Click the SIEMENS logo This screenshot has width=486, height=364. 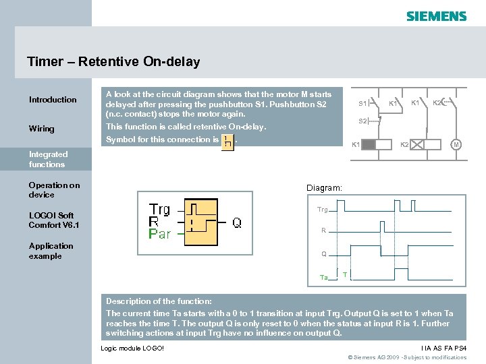(436, 16)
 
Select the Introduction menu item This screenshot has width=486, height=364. (53, 100)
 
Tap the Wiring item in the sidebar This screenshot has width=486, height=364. (42, 129)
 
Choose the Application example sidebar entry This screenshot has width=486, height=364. (51, 251)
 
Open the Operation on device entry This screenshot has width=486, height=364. (54, 189)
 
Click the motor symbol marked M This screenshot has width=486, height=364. (456, 145)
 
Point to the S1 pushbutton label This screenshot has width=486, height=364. (362, 104)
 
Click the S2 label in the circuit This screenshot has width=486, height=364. (362, 121)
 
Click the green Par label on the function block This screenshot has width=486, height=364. (160, 234)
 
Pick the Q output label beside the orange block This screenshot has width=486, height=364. (237, 222)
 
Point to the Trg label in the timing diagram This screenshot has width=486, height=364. (323, 210)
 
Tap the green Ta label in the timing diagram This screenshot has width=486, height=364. (323, 278)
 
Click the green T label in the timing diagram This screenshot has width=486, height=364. (345, 274)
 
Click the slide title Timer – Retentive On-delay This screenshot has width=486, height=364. (113, 62)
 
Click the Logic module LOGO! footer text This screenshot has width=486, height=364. (132, 348)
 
